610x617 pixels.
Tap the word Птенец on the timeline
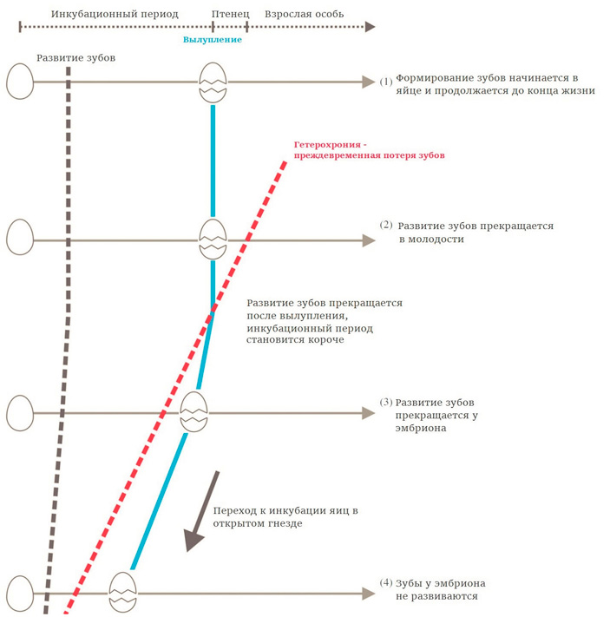231,15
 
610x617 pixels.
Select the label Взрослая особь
304,15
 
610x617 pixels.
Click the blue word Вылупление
213,40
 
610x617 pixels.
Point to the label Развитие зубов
75,57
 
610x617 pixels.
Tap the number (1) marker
386,82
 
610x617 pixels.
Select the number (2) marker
386,225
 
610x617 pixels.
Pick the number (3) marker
386,404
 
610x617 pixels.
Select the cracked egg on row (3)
193,412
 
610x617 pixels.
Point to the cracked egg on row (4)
122,593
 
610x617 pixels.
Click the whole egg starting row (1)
19,82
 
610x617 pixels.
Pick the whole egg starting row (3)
19,413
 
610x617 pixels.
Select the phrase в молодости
431,240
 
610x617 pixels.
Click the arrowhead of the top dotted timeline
371,27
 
